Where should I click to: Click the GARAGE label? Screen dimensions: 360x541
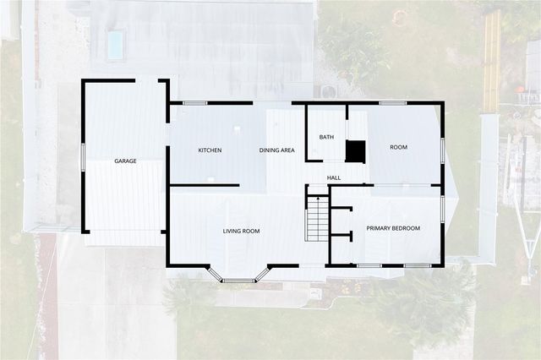126,161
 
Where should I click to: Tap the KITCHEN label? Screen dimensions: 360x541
210,150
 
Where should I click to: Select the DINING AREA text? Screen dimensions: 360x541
276,150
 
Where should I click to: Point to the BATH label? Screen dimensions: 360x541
326,137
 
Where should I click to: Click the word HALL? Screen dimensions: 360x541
334,177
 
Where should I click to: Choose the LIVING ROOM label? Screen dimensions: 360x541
241,231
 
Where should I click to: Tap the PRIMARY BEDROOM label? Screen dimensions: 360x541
392,228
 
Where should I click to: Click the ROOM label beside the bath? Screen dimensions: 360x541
398,147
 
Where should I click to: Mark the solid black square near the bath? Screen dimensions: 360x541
356,151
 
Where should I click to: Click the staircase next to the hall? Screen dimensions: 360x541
317,217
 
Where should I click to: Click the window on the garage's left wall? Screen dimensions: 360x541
83,157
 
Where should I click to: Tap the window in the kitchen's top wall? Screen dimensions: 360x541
195,103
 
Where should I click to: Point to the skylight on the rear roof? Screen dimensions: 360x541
115,44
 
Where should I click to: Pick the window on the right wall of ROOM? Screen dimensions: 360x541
443,150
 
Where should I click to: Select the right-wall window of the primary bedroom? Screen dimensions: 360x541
443,209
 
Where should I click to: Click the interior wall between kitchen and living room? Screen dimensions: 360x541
205,185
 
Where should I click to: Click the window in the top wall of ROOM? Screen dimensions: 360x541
392,103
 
